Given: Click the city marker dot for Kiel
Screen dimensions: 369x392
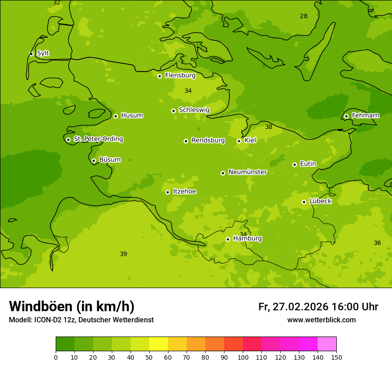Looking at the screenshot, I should click(x=239, y=141).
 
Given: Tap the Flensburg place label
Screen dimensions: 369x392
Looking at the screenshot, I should click(x=180, y=76).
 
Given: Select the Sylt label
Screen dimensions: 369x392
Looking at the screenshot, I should click(x=43, y=53).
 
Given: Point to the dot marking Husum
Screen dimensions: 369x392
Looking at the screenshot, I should click(x=115, y=116).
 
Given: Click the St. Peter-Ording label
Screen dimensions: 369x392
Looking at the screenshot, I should click(x=98, y=139).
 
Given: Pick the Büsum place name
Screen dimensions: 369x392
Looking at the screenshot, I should click(x=110, y=160).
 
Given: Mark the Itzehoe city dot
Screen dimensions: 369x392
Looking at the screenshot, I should click(x=167, y=192).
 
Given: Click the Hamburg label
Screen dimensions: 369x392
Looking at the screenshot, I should click(x=247, y=239).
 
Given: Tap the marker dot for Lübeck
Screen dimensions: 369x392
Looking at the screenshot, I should click(x=304, y=202).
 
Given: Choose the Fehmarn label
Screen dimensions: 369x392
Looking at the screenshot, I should click(x=365, y=116).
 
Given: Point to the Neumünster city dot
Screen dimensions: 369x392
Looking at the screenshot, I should click(x=223, y=173).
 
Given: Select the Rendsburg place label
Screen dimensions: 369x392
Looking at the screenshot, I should click(x=208, y=140).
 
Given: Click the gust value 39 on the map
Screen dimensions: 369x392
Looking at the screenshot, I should click(x=123, y=254).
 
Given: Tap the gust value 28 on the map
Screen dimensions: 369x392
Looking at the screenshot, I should click(x=303, y=16).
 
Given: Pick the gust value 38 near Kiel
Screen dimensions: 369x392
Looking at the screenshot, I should click(x=269, y=127).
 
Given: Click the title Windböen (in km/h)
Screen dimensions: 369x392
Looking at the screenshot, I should click(x=72, y=306).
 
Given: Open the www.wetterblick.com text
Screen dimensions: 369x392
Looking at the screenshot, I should click(x=321, y=320).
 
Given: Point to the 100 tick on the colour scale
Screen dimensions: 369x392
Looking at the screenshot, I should click(x=243, y=357).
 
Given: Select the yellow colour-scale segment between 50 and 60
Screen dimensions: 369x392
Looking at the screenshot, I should click(x=159, y=344).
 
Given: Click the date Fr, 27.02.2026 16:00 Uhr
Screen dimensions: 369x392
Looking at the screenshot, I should click(x=318, y=307).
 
